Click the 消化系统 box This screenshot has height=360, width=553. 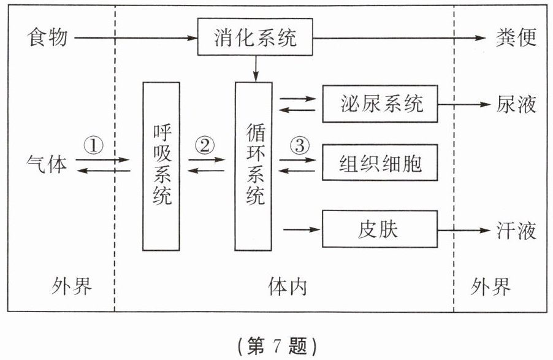click(x=256, y=37)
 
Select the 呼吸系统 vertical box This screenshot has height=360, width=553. click(x=161, y=166)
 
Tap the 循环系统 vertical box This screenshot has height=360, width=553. click(x=254, y=166)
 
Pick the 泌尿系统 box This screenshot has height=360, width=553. click(x=381, y=104)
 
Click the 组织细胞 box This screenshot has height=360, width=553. click(x=381, y=164)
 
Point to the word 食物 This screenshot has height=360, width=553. click(x=47, y=38)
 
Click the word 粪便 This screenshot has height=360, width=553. click(x=516, y=38)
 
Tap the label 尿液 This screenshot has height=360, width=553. click(x=516, y=104)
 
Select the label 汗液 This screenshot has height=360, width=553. click(x=516, y=231)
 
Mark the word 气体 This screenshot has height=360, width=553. click(x=47, y=164)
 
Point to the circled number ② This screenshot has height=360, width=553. click(x=205, y=145)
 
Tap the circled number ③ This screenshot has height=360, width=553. click(x=299, y=145)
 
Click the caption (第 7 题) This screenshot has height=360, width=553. click(x=277, y=346)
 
